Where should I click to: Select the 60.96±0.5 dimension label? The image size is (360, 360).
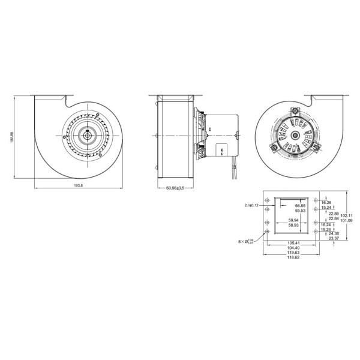click(x=175, y=188)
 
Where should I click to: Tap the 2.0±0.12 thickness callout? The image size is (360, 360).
click(x=251, y=205)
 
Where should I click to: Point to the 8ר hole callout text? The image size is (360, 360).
click(x=248, y=242)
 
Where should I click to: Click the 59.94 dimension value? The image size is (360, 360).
click(x=293, y=220)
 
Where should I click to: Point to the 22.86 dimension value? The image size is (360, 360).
click(x=334, y=214)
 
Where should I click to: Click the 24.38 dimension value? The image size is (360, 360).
click(x=334, y=233)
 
